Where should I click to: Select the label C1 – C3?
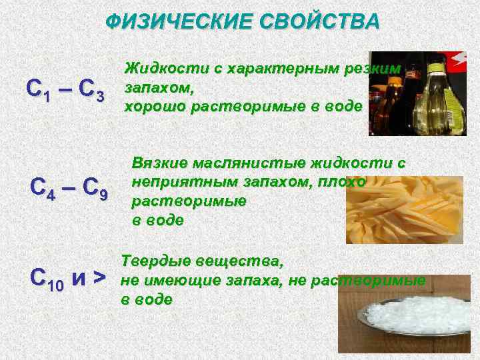click(65, 89)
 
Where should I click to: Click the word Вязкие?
click(160, 163)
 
